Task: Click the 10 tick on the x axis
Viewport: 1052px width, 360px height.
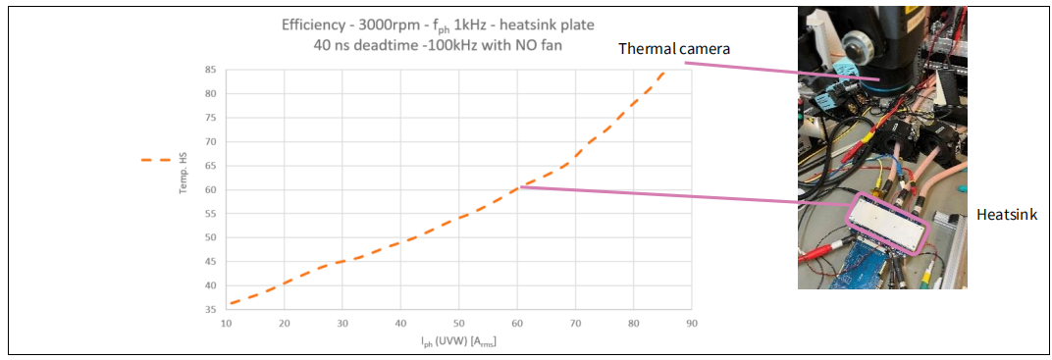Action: coord(226,323)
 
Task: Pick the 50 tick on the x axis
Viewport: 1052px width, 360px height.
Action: coord(459,323)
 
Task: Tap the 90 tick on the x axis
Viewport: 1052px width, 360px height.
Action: coord(692,323)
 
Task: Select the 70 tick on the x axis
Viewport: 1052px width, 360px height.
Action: coord(575,323)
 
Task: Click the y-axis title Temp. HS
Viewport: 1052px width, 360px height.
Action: coord(183,177)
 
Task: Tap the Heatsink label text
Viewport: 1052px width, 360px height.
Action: coord(1007,215)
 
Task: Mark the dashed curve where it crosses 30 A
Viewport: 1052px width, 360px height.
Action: coord(342,261)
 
